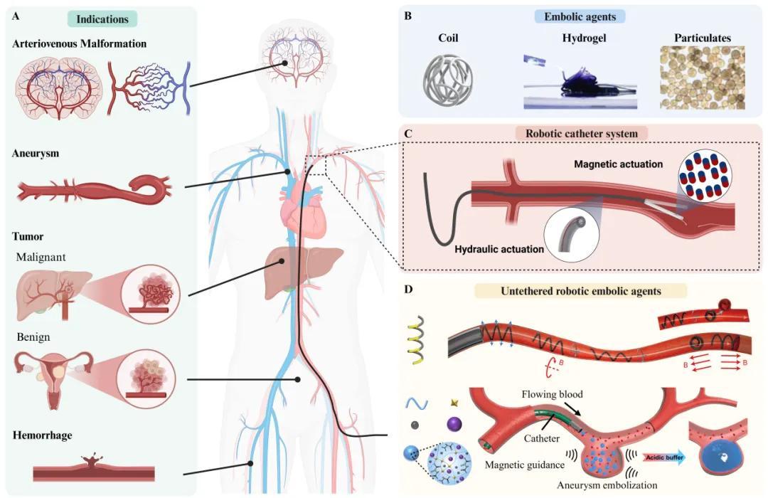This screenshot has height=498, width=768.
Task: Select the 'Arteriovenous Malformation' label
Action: click(80, 43)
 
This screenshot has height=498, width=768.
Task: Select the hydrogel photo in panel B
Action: click(580, 83)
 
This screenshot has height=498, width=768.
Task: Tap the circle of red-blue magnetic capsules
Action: click(708, 175)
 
